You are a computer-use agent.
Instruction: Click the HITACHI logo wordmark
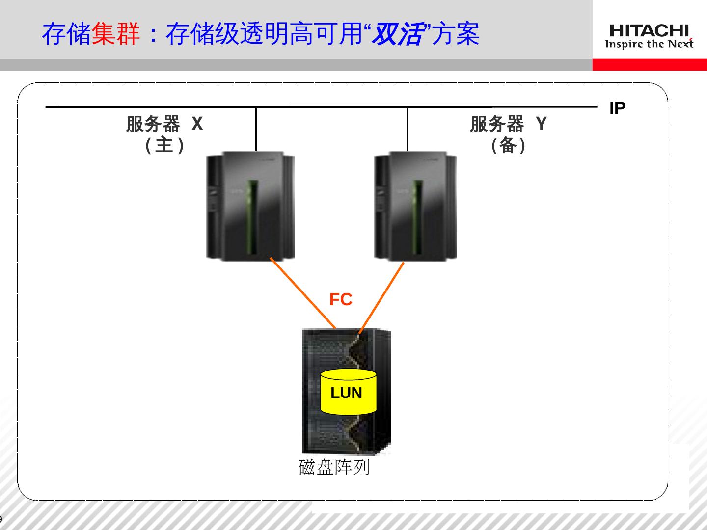(x=649, y=31)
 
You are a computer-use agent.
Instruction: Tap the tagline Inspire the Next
(x=649, y=44)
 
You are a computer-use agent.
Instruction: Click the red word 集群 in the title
(x=116, y=34)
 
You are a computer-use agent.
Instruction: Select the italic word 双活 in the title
(x=397, y=34)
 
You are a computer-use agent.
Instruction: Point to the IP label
(x=617, y=108)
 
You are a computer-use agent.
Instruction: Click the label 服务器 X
(x=164, y=124)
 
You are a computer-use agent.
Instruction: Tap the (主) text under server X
(x=164, y=145)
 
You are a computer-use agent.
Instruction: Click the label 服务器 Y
(x=508, y=124)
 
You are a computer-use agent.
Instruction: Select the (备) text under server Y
(x=508, y=145)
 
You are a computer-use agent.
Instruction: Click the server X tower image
(x=250, y=206)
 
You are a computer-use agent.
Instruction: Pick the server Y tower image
(x=415, y=206)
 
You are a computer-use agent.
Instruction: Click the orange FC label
(x=341, y=299)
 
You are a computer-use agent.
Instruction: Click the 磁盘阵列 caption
(x=334, y=467)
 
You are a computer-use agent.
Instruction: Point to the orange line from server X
(x=302, y=292)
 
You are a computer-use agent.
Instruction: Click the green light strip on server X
(x=253, y=216)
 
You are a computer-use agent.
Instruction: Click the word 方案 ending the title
(x=457, y=34)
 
